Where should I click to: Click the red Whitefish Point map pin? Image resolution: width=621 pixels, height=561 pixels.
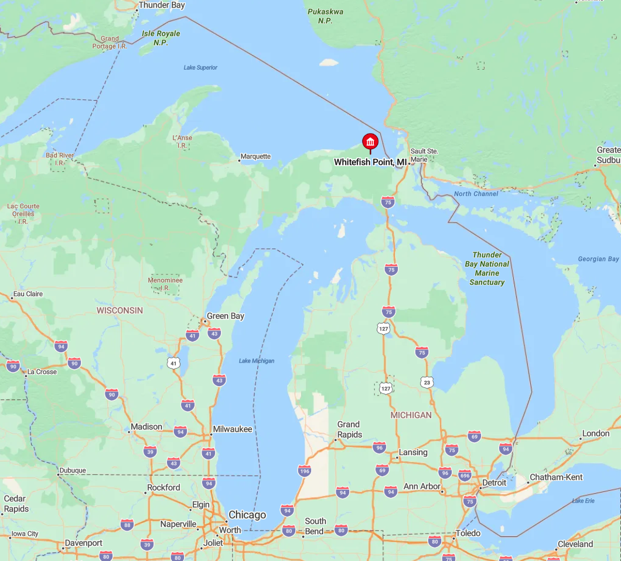(370, 142)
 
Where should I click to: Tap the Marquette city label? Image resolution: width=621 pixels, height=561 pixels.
(255, 156)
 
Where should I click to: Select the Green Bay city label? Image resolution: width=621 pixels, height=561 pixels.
(225, 316)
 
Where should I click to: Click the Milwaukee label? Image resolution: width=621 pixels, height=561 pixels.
(232, 429)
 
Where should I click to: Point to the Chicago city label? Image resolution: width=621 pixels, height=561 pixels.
(247, 515)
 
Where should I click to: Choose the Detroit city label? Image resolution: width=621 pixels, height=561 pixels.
(493, 484)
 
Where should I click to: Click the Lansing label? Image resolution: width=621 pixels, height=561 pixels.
(413, 452)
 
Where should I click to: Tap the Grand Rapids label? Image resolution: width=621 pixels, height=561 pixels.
(349, 429)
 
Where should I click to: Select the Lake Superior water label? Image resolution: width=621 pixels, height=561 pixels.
(200, 67)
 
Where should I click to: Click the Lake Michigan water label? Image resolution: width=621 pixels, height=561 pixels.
(257, 360)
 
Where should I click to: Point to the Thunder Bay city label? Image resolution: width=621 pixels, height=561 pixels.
(162, 5)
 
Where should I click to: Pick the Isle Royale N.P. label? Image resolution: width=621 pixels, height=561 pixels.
(162, 38)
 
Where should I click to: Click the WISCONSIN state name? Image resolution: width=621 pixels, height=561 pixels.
(120, 310)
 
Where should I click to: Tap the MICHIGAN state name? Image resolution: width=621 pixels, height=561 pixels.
(411, 415)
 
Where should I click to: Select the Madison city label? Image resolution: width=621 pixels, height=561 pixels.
(146, 426)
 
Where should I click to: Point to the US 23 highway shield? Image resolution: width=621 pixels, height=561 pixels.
(426, 382)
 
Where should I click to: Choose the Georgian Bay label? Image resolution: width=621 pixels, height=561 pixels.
(598, 259)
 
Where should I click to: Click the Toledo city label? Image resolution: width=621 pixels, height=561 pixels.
(469, 533)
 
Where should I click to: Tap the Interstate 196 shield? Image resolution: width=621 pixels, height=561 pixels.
(304, 470)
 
